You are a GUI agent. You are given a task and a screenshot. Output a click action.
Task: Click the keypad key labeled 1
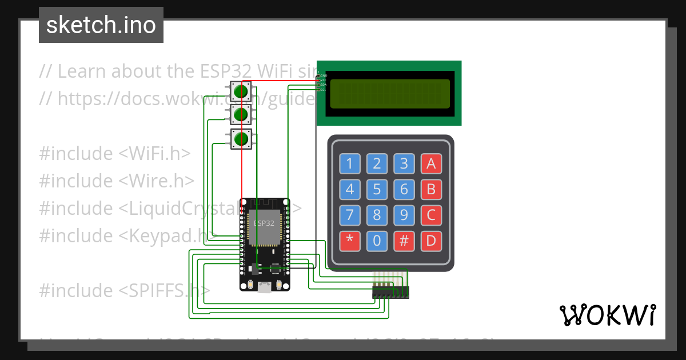(x=350, y=164)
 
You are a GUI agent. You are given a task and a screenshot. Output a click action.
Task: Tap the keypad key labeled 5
(x=377, y=189)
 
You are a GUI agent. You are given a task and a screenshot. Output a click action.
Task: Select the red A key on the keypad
(x=432, y=164)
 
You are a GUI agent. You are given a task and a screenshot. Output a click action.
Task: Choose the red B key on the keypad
(x=432, y=189)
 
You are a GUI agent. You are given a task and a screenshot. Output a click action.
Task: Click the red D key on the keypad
(x=432, y=241)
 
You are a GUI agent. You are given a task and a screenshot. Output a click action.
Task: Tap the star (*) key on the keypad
(x=350, y=241)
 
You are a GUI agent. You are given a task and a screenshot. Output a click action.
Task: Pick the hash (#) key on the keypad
(x=404, y=241)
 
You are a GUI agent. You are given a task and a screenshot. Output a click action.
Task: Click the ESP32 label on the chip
(x=264, y=223)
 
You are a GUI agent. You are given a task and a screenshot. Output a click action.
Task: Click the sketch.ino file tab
(x=101, y=25)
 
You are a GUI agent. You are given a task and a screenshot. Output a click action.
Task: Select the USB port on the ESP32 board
(x=264, y=287)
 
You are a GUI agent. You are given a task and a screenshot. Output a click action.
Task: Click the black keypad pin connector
(x=391, y=293)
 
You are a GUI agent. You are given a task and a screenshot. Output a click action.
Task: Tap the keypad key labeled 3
(x=404, y=164)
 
